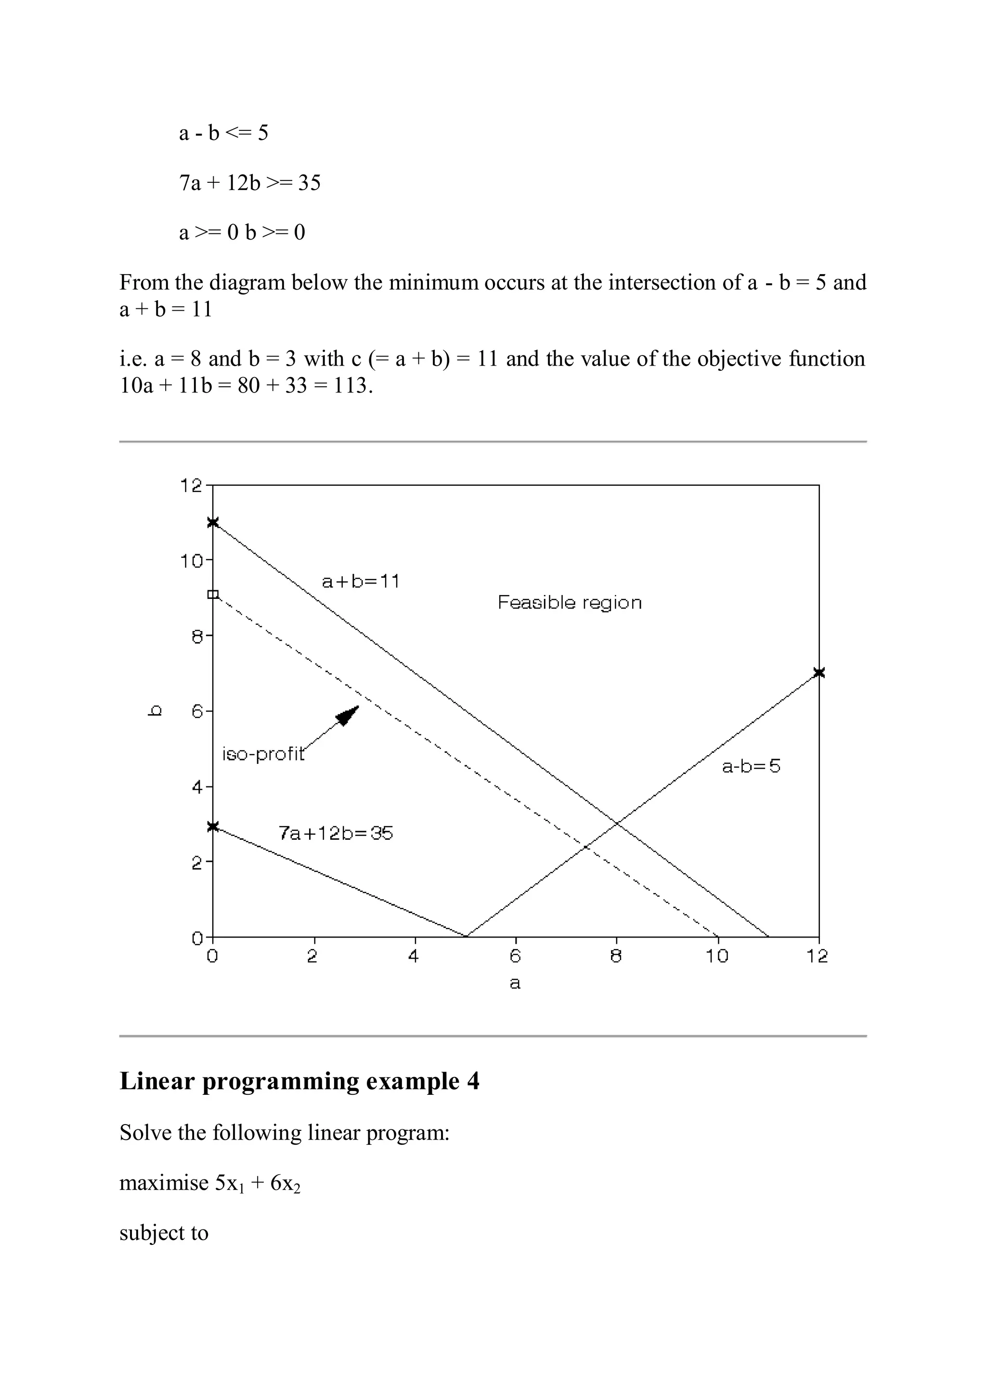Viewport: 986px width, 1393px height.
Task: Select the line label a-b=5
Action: point(751,766)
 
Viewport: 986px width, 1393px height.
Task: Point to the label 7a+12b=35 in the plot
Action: point(336,833)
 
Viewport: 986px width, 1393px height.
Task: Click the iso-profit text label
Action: point(263,754)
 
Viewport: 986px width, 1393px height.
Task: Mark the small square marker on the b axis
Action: point(212,594)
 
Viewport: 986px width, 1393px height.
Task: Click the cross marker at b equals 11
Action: point(212,522)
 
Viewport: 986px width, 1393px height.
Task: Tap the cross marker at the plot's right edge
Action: point(818,672)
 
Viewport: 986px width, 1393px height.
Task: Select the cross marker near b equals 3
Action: point(212,826)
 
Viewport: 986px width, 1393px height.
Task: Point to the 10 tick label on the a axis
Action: point(717,956)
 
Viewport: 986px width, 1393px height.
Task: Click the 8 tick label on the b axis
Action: point(197,636)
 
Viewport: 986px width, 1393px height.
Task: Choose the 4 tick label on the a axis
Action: point(414,956)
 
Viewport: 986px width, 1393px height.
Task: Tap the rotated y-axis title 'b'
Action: point(156,710)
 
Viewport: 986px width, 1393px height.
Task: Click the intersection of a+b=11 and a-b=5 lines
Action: point(616,823)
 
